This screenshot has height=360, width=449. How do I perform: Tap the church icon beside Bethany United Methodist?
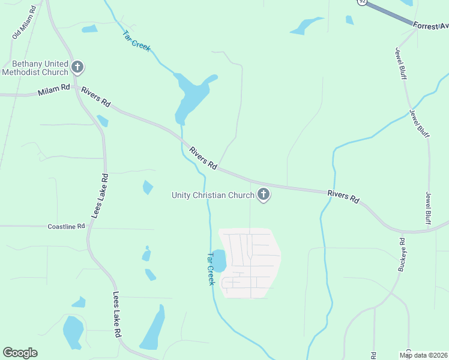point(77,67)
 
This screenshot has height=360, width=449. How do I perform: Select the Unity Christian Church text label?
point(212,194)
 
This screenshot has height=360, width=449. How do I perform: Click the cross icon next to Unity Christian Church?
point(263,194)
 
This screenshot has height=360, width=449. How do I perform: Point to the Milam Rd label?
point(53,91)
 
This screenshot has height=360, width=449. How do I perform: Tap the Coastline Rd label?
point(66,227)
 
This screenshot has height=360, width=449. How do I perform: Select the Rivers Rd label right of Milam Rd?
point(96,96)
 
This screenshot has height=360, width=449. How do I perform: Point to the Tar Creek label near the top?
point(136,40)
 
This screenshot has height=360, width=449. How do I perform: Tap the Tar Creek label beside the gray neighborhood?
point(210,268)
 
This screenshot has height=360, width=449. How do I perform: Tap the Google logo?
point(20,352)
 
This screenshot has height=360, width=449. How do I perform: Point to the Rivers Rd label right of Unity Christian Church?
point(343,196)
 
